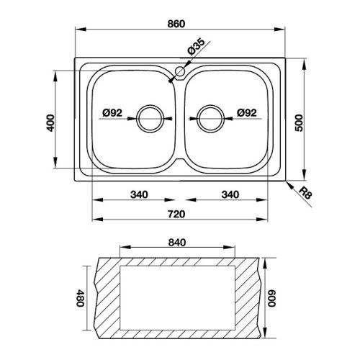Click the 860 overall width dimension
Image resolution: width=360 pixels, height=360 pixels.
coord(176,24)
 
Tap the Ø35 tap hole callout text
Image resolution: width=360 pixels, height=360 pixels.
coord(197,47)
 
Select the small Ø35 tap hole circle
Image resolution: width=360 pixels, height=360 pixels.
coord(180,71)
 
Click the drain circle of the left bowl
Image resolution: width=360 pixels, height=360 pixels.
coord(150,119)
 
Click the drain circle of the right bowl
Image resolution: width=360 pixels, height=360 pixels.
coord(210,119)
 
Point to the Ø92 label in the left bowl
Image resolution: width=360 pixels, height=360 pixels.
coord(112,112)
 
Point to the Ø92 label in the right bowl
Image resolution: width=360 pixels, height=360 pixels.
coord(247,112)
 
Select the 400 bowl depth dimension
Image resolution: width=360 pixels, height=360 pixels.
coord(50,123)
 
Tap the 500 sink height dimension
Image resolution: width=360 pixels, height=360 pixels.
coord(299,123)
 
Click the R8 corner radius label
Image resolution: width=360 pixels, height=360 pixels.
coord(305,193)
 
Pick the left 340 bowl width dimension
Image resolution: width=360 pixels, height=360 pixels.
coord(139,194)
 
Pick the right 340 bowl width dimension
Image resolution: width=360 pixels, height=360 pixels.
coord(230,194)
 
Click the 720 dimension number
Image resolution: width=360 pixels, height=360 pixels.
coord(176,214)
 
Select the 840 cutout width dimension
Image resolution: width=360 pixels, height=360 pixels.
coord(177,243)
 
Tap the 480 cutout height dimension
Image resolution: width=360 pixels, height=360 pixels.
coord(80,298)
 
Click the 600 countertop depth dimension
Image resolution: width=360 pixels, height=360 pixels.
coord(272,298)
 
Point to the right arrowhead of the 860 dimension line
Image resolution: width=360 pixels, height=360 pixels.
coord(279,30)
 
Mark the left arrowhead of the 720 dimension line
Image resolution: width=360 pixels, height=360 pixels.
coord(97,220)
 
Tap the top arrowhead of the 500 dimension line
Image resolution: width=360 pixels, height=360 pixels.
coord(305,63)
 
